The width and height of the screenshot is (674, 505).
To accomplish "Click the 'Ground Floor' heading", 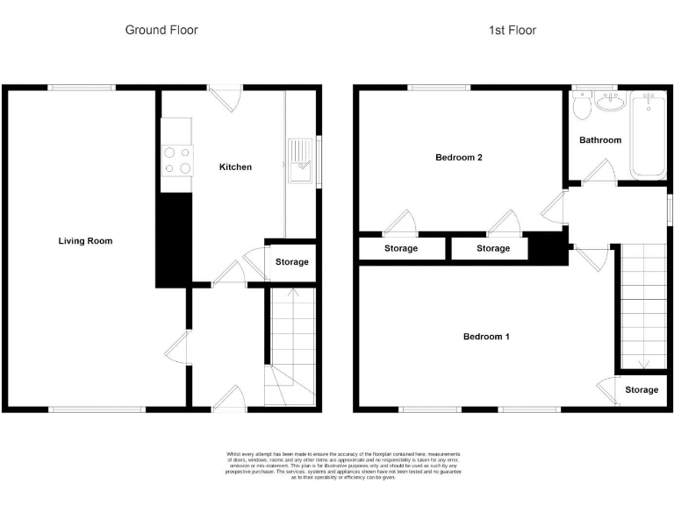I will (x=161, y=30).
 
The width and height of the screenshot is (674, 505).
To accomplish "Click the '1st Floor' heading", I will (x=513, y=30).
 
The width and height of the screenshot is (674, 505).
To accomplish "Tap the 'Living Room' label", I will (x=85, y=241).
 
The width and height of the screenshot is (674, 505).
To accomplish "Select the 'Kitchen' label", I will (x=235, y=167).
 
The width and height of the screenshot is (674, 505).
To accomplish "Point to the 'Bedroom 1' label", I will (x=485, y=337).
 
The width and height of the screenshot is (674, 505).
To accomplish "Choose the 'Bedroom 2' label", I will (x=460, y=158).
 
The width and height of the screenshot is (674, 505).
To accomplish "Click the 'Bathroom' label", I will (x=600, y=140).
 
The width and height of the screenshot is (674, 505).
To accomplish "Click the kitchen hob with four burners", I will (x=177, y=160).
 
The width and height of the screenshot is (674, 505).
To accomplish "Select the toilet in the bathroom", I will (x=580, y=108).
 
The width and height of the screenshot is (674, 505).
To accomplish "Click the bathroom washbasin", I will (x=609, y=104).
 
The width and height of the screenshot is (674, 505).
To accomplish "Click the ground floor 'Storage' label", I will (x=292, y=262).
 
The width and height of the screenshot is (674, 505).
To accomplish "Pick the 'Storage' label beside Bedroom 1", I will (x=642, y=390).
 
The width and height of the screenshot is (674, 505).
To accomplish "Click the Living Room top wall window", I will (x=82, y=87).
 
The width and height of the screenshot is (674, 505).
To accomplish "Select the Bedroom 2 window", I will (x=439, y=87).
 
